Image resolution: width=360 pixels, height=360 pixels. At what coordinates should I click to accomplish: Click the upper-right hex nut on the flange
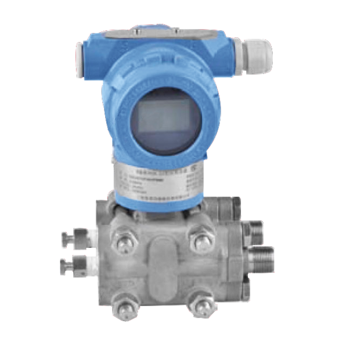(x=200, y=239)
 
